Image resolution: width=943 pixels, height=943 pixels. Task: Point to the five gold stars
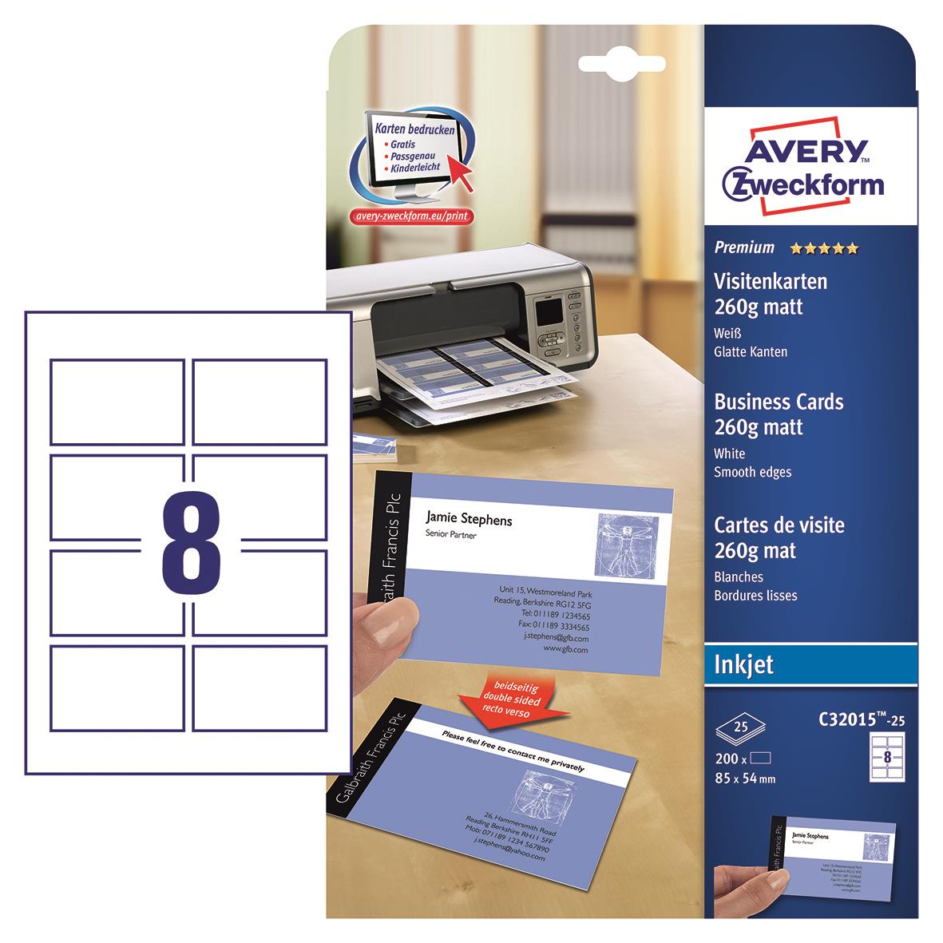(824, 248)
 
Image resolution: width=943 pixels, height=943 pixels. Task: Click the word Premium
(744, 248)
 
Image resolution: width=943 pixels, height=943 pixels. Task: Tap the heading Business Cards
(778, 402)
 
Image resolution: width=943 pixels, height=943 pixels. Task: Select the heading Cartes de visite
(779, 525)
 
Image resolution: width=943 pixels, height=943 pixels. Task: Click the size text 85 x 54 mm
(746, 779)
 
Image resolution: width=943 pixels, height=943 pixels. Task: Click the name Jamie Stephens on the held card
(469, 520)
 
